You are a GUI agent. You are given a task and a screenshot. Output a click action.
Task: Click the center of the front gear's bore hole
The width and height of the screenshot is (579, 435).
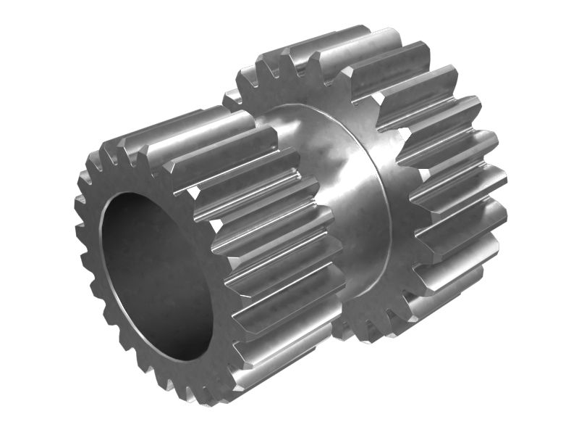click(156, 275)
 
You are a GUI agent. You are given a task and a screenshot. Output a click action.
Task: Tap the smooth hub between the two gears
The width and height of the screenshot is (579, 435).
click(340, 188)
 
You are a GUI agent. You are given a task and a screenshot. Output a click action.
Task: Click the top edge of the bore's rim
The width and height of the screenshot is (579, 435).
click(145, 194)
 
